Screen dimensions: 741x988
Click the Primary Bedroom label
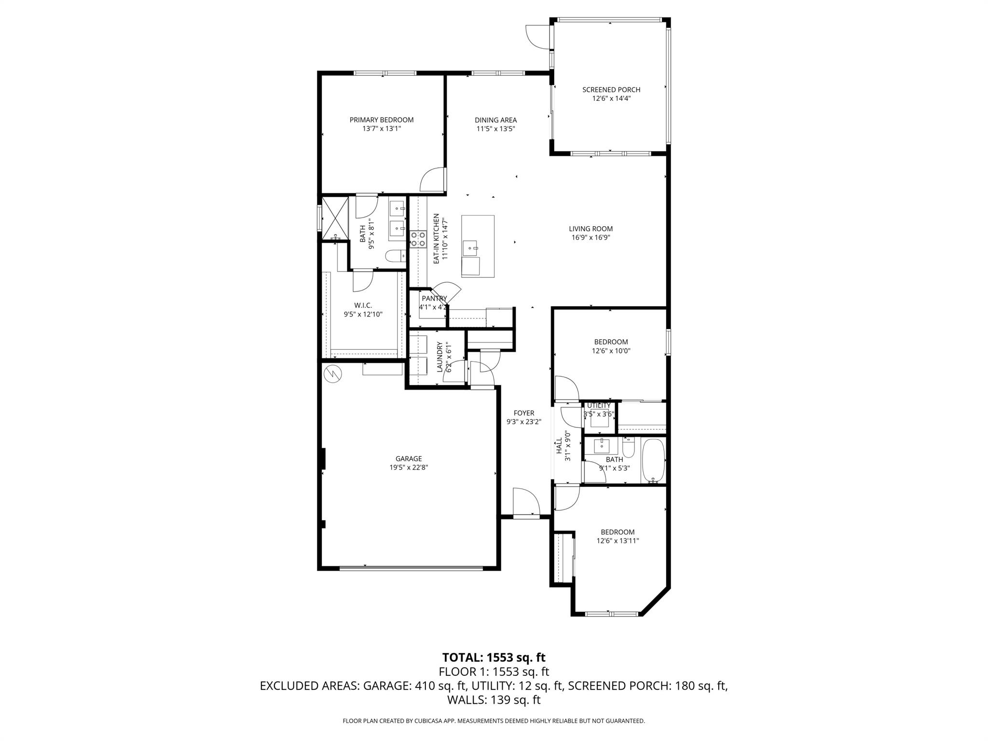(x=381, y=120)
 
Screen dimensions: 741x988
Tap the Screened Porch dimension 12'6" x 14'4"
(x=611, y=98)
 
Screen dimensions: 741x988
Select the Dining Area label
(x=495, y=120)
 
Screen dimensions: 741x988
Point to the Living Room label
(x=590, y=229)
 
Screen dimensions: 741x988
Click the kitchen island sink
(x=470, y=248)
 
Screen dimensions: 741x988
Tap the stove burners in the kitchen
(x=418, y=239)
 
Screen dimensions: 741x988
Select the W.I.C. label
(x=363, y=305)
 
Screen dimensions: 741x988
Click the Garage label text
(x=409, y=458)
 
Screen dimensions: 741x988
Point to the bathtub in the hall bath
(x=654, y=461)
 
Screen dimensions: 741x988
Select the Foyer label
(x=523, y=413)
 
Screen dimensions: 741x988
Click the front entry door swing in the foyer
(x=526, y=503)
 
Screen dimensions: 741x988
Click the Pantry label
(x=434, y=298)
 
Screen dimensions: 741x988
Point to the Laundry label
(x=439, y=357)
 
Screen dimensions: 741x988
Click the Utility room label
(x=599, y=405)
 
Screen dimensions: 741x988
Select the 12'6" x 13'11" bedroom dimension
(x=617, y=541)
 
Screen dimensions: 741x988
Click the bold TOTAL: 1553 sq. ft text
(x=494, y=657)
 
